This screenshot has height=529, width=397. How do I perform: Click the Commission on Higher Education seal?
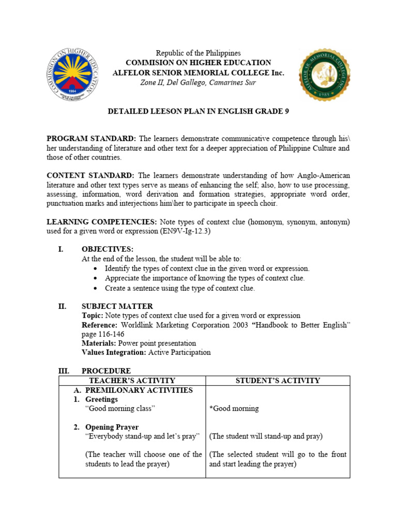(73, 75)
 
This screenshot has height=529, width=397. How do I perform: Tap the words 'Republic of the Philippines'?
(198, 53)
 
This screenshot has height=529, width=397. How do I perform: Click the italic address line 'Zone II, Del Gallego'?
(198, 83)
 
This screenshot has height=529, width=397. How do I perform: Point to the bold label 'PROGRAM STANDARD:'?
(91, 138)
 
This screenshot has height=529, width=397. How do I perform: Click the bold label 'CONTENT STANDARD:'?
(90, 176)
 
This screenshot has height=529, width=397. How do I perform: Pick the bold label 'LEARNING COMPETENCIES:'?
(102, 222)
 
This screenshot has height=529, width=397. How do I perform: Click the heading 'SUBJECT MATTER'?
(117, 306)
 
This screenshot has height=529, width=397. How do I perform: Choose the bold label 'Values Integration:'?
(114, 352)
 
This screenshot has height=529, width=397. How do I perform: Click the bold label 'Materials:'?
(99, 343)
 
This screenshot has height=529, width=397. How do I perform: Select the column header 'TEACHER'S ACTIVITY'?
(132, 381)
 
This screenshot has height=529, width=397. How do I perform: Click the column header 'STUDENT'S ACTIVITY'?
(278, 381)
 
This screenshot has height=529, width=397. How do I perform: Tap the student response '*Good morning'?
(234, 409)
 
